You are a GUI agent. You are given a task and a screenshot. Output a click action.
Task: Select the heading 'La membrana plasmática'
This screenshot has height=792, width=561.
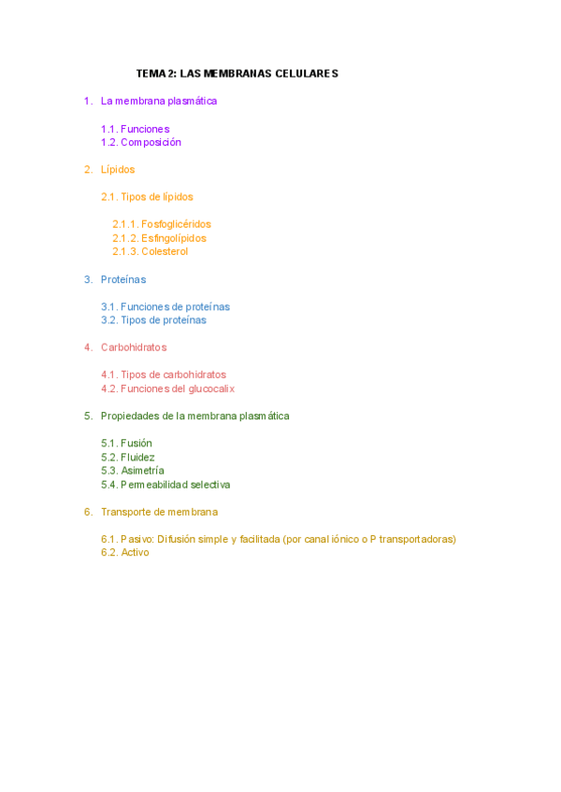pyautogui.click(x=159, y=101)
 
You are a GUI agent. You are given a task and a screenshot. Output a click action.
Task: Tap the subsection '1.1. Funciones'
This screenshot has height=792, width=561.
pyautogui.click(x=136, y=129)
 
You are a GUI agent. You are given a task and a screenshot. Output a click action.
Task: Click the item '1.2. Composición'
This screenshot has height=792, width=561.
pyautogui.click(x=141, y=143)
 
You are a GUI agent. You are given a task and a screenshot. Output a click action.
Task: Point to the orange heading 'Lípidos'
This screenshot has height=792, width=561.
pyautogui.click(x=118, y=170)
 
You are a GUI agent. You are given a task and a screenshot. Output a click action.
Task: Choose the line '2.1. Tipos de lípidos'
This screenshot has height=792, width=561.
pyautogui.click(x=148, y=197)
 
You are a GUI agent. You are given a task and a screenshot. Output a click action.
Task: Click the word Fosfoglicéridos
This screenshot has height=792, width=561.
pyautogui.click(x=176, y=224)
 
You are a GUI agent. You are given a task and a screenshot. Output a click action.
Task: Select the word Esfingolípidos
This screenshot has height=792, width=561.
pyautogui.click(x=174, y=238)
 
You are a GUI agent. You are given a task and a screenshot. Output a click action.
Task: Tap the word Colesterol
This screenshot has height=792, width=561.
pyautogui.click(x=165, y=252)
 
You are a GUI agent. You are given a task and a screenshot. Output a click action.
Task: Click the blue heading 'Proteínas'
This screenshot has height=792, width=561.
pyautogui.click(x=123, y=279)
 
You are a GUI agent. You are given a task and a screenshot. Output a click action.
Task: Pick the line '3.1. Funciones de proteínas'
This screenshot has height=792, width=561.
pyautogui.click(x=165, y=306)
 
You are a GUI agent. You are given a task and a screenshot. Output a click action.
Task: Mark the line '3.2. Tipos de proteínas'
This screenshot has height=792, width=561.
pyautogui.click(x=154, y=320)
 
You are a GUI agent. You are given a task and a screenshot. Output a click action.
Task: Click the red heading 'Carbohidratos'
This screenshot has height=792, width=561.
pyautogui.click(x=134, y=347)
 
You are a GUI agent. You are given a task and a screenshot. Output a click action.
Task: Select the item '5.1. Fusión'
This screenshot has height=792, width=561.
pyautogui.click(x=127, y=444)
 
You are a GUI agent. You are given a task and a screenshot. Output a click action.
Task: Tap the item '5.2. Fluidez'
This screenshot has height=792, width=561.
pyautogui.click(x=128, y=458)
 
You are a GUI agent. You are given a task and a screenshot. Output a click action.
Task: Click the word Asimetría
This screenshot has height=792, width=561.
pyautogui.click(x=143, y=471)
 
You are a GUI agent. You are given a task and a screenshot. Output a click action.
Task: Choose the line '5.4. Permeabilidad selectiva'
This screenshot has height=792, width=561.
pyautogui.click(x=165, y=485)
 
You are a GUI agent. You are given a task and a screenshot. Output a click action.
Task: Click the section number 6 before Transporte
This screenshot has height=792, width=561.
pyautogui.click(x=87, y=512)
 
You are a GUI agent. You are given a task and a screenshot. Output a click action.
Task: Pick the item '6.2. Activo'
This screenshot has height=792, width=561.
pyautogui.click(x=125, y=553)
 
